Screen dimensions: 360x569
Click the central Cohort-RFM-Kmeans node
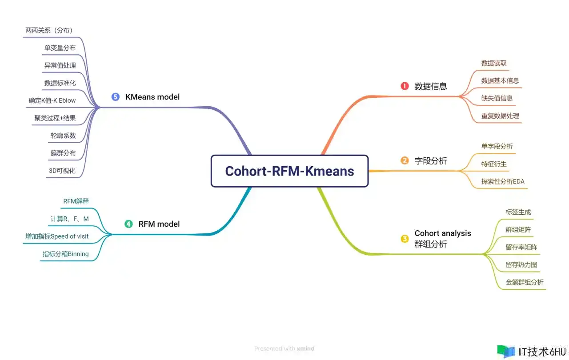coord(289,171)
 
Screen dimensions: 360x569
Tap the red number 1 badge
coord(405,86)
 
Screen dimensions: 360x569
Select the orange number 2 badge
coord(405,160)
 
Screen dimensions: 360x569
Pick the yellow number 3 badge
coord(405,239)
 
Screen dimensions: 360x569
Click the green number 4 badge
coord(128,224)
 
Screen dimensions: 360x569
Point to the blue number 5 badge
coord(116,96)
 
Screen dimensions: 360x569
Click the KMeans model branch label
coord(152,96)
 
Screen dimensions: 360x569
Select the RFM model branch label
coord(159,224)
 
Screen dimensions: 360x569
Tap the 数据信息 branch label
coord(431,86)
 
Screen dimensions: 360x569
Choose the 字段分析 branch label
coord(431,161)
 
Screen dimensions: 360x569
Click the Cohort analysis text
coord(443,233)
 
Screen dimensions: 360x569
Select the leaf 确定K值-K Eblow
coord(52,100)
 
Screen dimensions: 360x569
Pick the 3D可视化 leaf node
coord(62,171)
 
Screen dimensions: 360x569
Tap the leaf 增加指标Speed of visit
coord(57,236)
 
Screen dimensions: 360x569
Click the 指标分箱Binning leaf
coord(65,254)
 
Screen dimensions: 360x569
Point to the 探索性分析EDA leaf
coord(503,181)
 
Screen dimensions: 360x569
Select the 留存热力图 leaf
coord(521,265)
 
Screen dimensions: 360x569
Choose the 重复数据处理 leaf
coord(500,116)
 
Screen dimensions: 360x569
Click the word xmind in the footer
coord(305,349)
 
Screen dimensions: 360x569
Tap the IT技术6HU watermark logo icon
coord(506,352)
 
